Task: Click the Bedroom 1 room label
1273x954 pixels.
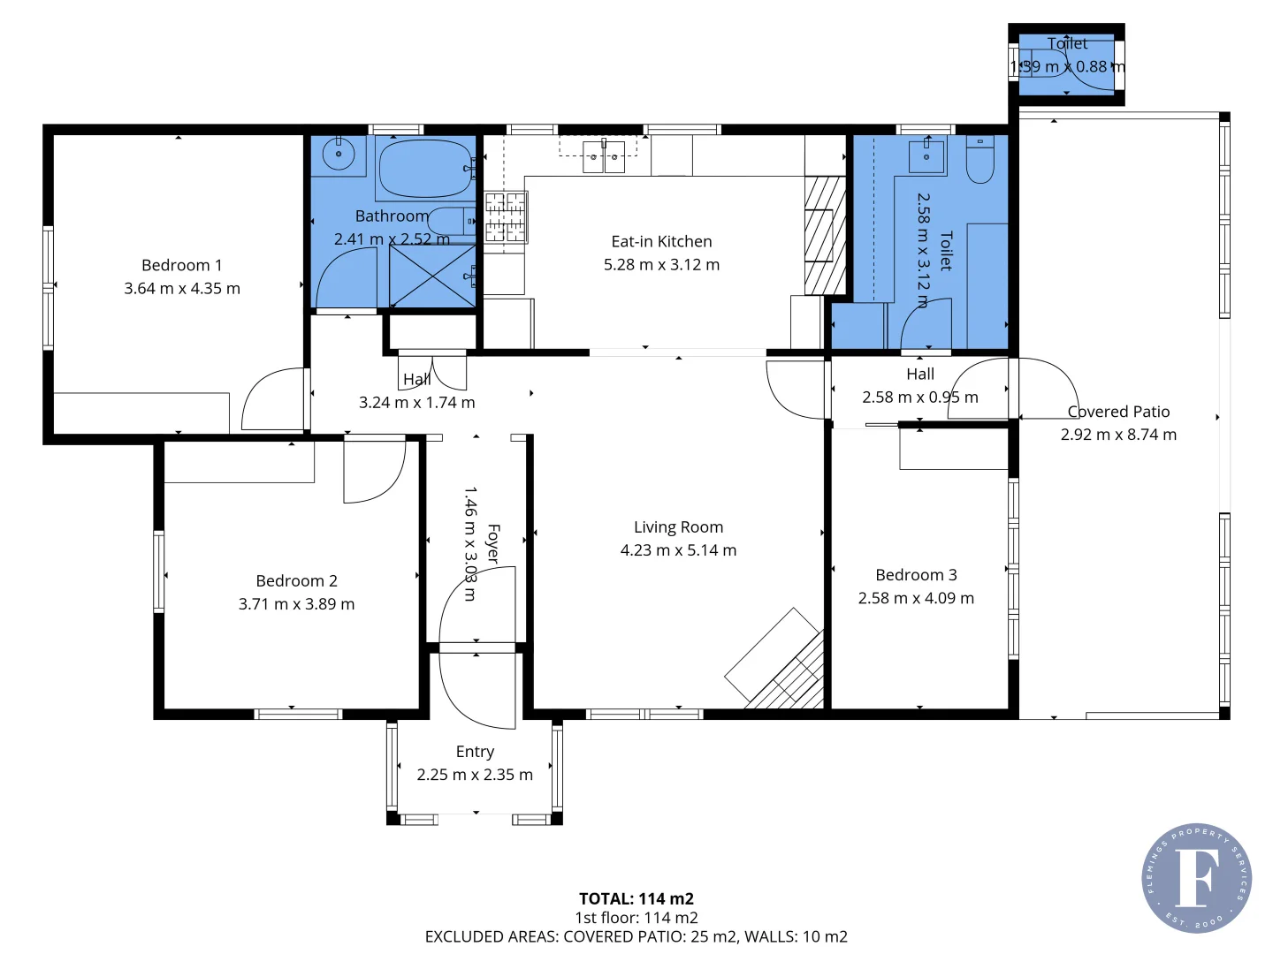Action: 181,265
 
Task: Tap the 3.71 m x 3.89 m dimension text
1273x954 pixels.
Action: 296,604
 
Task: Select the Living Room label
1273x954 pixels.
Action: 678,527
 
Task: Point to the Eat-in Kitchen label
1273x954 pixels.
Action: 661,241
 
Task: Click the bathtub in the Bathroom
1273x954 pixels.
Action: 425,168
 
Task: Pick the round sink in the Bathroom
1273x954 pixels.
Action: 338,155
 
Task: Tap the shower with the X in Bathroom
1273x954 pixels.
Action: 432,276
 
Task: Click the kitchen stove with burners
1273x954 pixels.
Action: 505,216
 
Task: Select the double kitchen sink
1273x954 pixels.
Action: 604,156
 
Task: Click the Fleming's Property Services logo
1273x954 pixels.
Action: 1196,878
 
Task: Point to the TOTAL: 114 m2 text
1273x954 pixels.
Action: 636,899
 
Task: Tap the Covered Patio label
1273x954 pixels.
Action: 1118,412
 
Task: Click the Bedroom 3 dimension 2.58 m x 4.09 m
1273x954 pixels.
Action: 916,598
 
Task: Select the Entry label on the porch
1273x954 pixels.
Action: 475,752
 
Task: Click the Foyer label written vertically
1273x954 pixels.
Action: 493,544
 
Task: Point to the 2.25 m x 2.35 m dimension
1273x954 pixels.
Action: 475,775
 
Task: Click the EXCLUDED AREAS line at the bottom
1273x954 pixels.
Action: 636,936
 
